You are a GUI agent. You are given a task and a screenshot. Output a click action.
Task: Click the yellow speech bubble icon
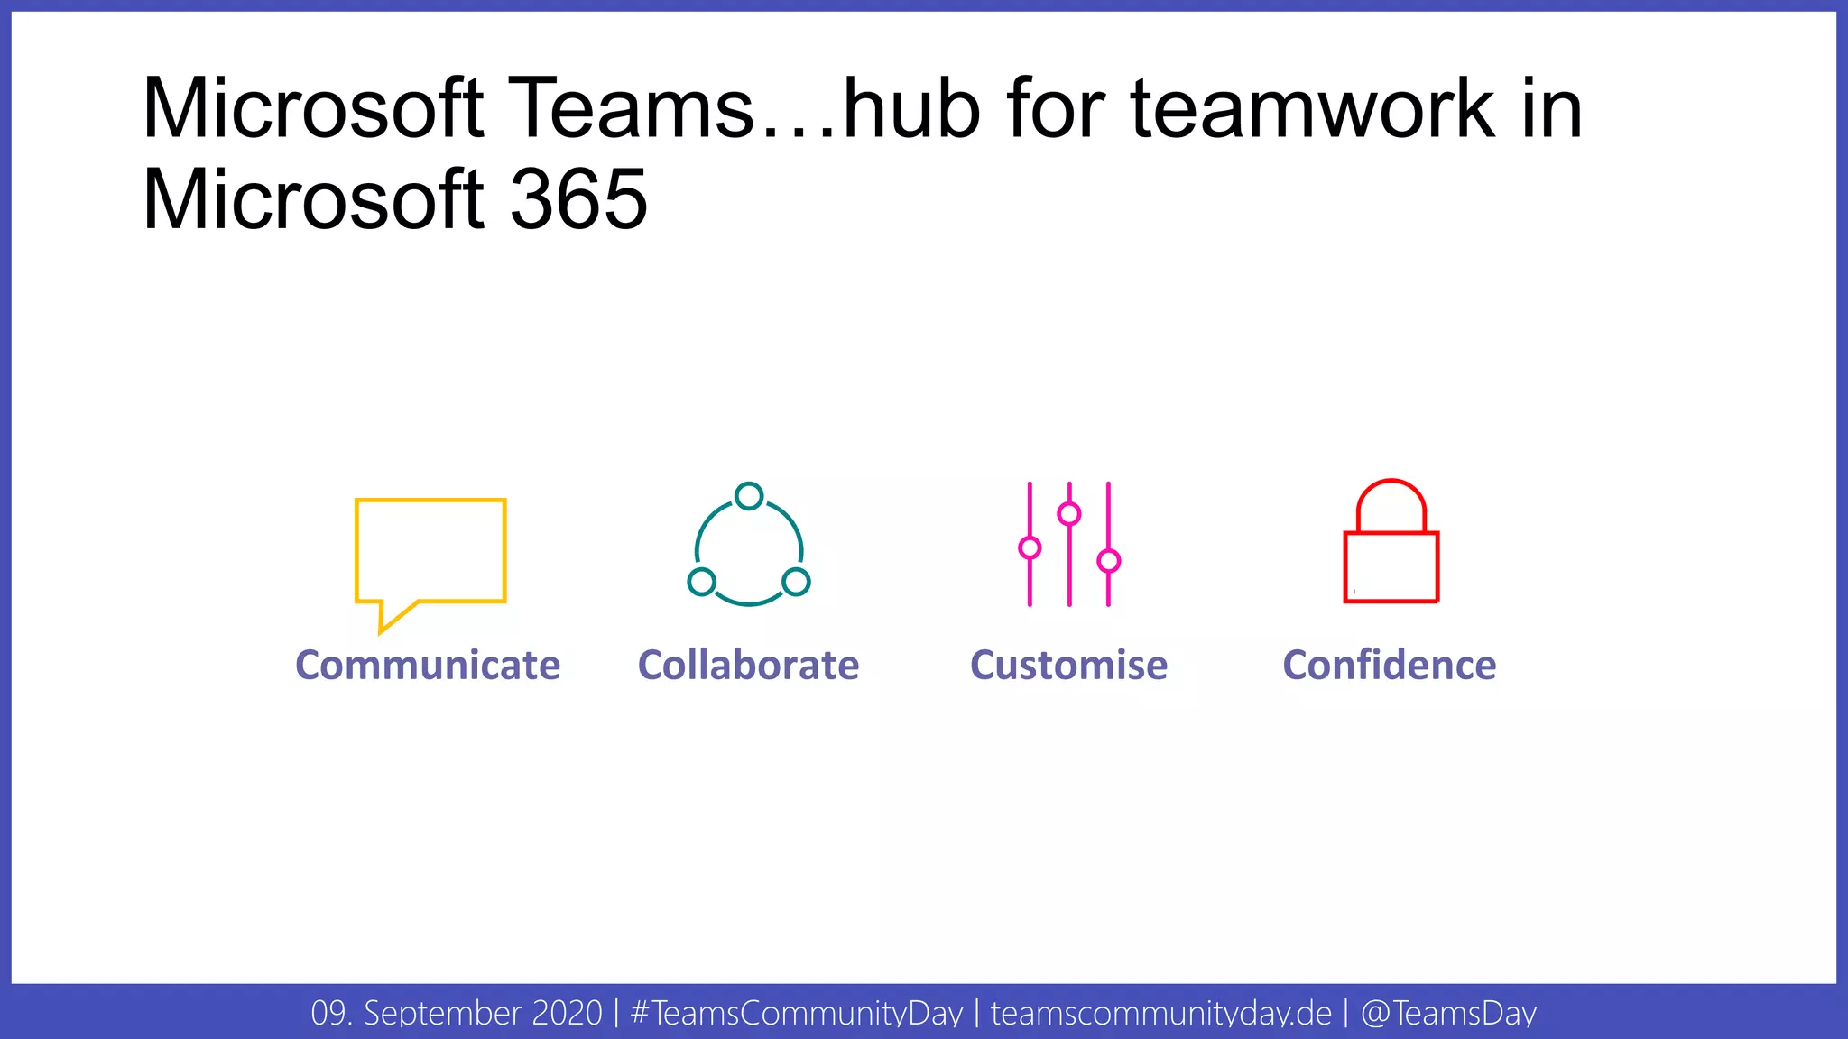[430, 552]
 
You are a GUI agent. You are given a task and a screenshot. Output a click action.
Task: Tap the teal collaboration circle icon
[749, 545]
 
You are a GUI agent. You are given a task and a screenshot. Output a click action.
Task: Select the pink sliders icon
[1069, 544]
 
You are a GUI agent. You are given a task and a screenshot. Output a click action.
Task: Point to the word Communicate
[428, 666]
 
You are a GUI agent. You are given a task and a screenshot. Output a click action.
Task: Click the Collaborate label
[748, 666]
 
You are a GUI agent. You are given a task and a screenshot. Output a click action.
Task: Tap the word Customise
[1068, 666]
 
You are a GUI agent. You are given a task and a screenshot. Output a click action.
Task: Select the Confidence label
[1390, 666]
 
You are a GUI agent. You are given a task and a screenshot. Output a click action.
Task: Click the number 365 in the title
[578, 199]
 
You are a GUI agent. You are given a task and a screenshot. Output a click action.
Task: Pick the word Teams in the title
[632, 109]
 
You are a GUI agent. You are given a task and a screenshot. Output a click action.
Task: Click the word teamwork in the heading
[1313, 109]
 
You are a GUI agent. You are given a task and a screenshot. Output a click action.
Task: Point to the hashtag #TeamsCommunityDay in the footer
[797, 1013]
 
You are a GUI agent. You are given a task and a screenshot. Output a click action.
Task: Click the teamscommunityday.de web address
[1161, 1013]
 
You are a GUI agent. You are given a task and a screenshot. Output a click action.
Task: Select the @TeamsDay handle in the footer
[1448, 1013]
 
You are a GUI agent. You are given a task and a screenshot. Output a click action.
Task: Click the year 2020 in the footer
[567, 1013]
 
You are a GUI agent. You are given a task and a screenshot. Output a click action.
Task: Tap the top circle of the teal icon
[749, 496]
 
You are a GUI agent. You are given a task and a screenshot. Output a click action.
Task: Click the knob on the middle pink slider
[1069, 514]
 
